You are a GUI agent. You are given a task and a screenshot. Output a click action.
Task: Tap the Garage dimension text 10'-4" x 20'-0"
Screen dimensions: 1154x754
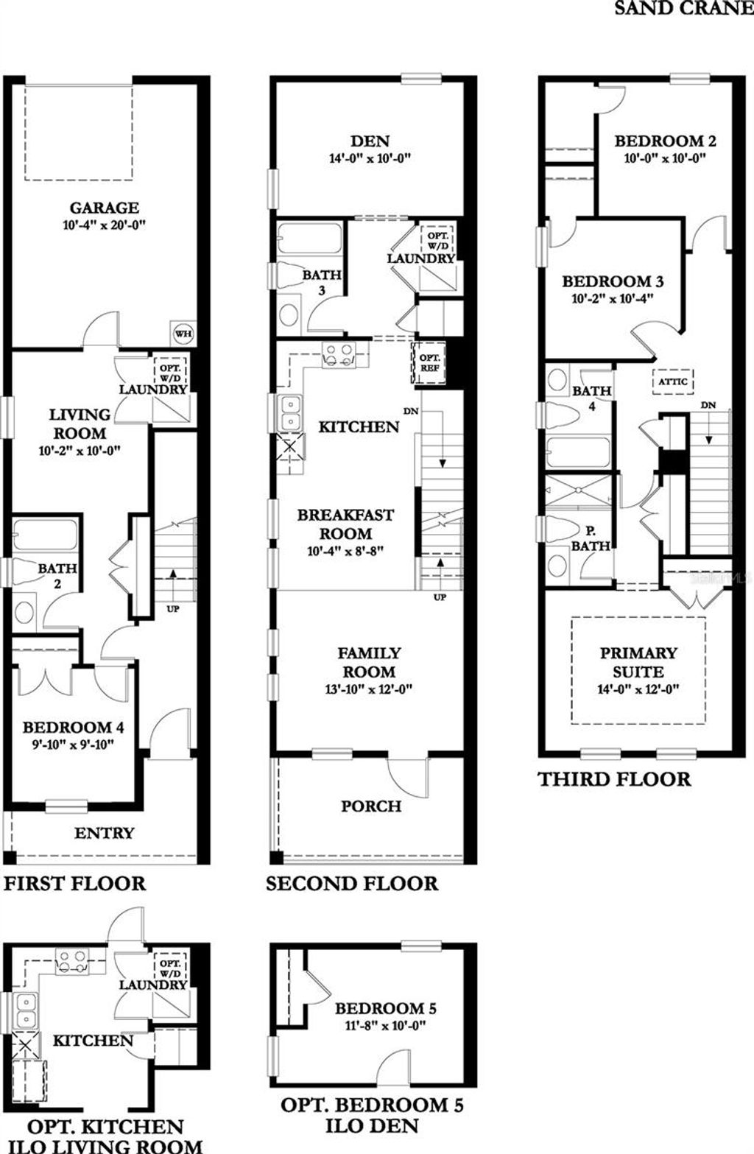pyautogui.click(x=105, y=226)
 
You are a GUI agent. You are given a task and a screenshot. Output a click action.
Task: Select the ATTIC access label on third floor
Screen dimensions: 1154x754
pyautogui.click(x=673, y=381)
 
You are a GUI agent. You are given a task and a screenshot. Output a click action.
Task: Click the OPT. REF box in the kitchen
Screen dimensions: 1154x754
pyautogui.click(x=429, y=362)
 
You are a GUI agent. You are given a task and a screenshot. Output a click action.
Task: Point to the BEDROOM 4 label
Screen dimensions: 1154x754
pyautogui.click(x=73, y=728)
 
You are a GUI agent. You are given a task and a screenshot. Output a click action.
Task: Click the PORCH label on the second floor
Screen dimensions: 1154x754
pyautogui.click(x=371, y=806)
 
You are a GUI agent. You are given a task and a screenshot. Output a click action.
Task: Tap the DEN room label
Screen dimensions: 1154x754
pyautogui.click(x=370, y=141)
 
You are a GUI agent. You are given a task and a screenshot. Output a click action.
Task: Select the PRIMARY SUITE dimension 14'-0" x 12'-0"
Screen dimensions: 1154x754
pyautogui.click(x=638, y=690)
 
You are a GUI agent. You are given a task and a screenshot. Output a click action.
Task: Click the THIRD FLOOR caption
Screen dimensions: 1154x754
pyautogui.click(x=614, y=779)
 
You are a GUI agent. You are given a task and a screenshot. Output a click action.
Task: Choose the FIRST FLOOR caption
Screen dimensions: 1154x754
pyautogui.click(x=75, y=883)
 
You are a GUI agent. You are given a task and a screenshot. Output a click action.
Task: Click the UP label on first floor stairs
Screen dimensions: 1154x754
pyautogui.click(x=173, y=608)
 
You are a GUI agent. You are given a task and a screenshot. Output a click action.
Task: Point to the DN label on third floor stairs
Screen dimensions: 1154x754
pyautogui.click(x=708, y=405)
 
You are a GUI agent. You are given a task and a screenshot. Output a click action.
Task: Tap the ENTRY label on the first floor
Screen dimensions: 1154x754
pyautogui.click(x=104, y=833)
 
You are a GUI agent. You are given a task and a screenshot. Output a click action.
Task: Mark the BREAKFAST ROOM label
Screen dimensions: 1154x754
pyautogui.click(x=345, y=524)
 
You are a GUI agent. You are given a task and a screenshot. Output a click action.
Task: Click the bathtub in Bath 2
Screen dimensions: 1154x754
pyautogui.click(x=45, y=534)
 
